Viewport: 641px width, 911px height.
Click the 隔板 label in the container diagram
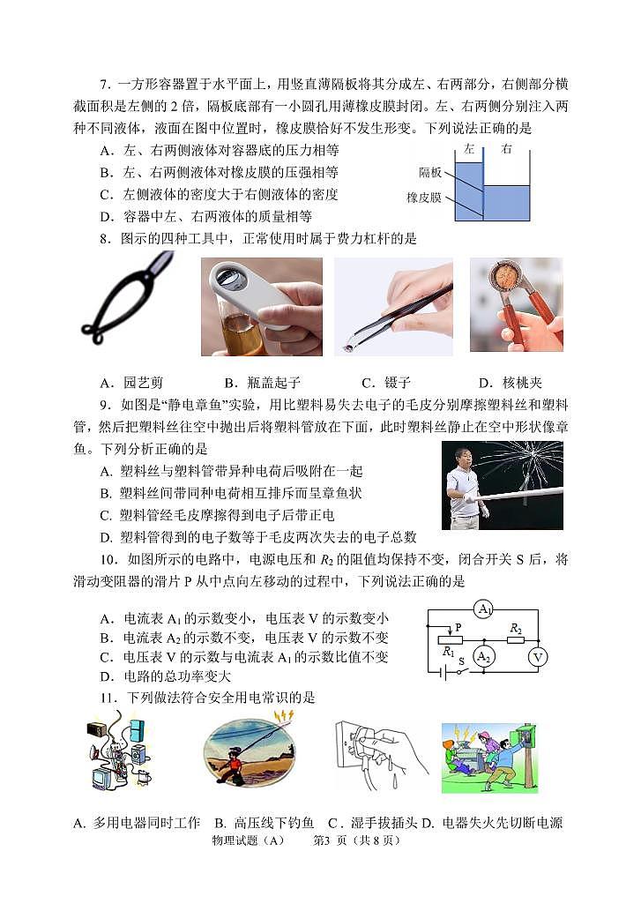click(430, 174)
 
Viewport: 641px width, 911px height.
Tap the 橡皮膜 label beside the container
click(425, 198)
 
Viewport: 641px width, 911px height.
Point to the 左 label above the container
click(469, 149)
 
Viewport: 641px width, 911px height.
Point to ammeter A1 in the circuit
click(482, 609)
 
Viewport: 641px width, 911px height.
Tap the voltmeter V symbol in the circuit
click(537, 656)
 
